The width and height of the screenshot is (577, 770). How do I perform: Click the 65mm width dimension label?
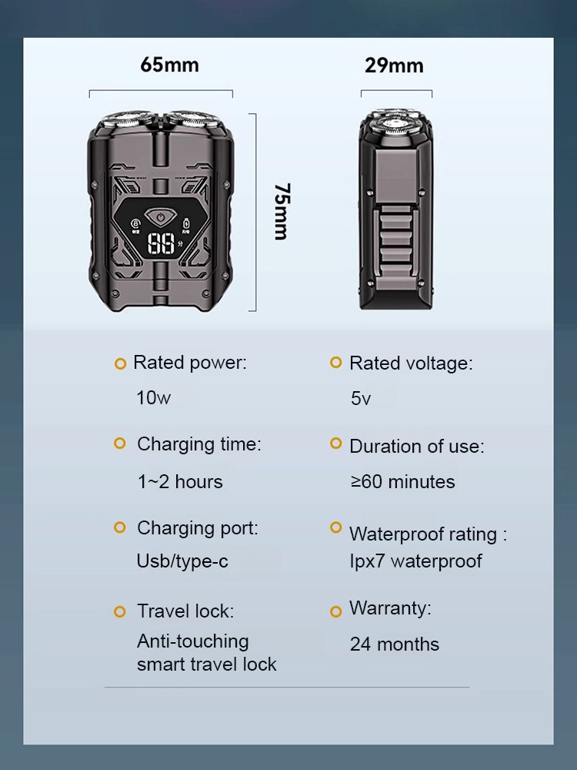click(169, 65)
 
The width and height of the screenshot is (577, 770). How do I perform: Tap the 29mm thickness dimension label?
click(394, 65)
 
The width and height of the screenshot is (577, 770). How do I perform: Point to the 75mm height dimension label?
click(281, 211)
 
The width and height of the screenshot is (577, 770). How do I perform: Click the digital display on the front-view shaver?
click(162, 245)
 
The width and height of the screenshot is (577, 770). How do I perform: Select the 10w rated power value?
click(153, 398)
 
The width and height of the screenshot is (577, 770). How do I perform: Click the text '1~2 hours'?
click(179, 482)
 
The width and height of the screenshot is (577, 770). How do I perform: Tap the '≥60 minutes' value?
click(402, 482)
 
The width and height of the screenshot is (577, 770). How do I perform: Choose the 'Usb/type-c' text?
click(182, 561)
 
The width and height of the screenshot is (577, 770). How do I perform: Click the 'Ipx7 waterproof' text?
click(415, 561)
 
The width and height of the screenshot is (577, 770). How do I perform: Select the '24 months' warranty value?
click(394, 644)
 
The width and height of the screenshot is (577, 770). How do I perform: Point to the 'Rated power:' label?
click(190, 363)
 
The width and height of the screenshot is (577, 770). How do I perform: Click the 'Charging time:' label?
click(198, 444)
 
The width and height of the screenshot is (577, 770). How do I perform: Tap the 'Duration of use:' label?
click(416, 447)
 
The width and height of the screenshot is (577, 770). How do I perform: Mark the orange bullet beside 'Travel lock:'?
click(119, 612)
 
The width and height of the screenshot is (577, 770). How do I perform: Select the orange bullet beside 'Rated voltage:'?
click(335, 362)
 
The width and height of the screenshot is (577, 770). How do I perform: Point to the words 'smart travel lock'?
click(206, 665)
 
